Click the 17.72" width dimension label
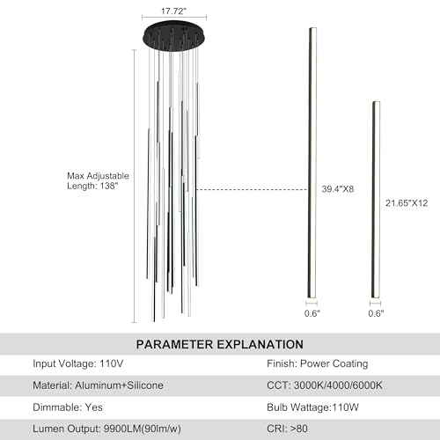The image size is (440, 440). click(x=173, y=11)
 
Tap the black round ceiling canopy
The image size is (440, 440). click(x=174, y=36)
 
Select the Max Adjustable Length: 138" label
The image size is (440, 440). click(x=98, y=180)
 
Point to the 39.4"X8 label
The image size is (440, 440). click(x=338, y=189)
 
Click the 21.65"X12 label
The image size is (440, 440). click(x=407, y=203)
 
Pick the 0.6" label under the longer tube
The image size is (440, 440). click(x=312, y=313)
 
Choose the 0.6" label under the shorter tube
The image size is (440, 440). click(x=376, y=313)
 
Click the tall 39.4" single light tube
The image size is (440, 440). click(x=312, y=163)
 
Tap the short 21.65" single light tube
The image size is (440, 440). click(x=377, y=200)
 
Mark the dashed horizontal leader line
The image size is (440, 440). click(x=252, y=189)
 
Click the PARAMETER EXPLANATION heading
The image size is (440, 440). click(x=220, y=344)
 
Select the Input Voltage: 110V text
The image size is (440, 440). click(x=78, y=363)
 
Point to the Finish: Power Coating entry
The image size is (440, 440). click(x=318, y=363)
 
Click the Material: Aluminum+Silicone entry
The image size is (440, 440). click(x=98, y=385)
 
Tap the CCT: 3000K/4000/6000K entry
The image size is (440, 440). click(x=325, y=385)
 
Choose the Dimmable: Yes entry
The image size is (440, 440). click(x=68, y=407)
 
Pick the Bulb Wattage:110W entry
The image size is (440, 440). click(x=312, y=407)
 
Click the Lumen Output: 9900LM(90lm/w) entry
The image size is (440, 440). click(x=106, y=429)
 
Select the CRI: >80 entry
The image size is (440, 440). click(x=287, y=429)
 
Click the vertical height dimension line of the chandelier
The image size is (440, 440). click(x=135, y=187)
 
